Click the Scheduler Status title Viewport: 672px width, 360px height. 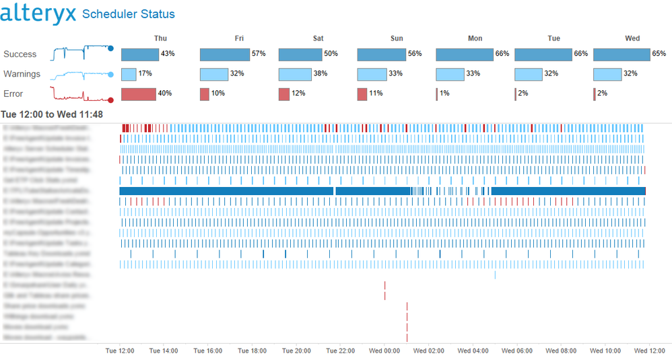coord(128,14)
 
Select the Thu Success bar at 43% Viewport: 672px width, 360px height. coord(139,54)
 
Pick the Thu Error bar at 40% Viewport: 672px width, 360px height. coord(138,94)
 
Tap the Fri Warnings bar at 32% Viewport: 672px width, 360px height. coord(213,74)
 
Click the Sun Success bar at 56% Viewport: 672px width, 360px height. coord(381,54)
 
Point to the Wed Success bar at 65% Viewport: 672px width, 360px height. coord(621,54)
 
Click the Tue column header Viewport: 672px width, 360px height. coord(553,38)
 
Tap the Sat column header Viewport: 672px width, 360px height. coord(318,38)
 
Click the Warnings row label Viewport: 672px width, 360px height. coord(22,74)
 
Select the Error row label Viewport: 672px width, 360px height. coord(13,94)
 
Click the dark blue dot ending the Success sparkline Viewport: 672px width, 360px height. coord(110,48)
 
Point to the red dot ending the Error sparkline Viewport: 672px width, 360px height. coord(110,100)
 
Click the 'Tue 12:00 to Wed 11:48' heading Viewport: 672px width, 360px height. coord(52,114)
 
